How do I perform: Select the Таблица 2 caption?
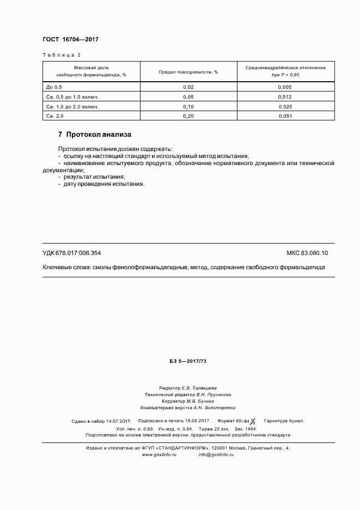tap(61, 55)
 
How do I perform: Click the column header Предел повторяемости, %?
tap(188, 71)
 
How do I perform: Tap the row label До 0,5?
tap(54, 87)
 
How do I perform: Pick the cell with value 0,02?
tap(188, 87)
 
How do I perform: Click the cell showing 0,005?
tap(285, 87)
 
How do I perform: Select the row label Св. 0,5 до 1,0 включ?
tap(72, 97)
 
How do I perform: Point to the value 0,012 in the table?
tap(285, 97)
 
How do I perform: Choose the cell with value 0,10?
tap(188, 107)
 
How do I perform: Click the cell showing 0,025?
tap(285, 107)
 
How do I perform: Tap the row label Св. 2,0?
tap(56, 116)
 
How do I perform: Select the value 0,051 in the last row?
tap(285, 116)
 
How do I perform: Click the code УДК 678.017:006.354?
tap(71, 253)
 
